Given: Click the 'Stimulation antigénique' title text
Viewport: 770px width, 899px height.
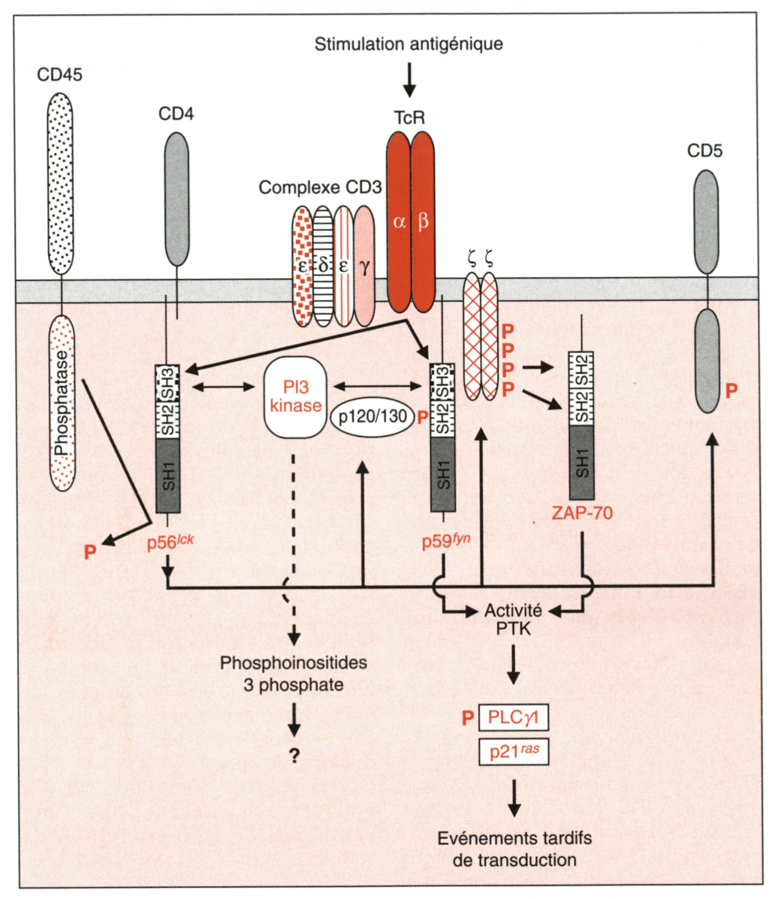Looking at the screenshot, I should tap(409, 44).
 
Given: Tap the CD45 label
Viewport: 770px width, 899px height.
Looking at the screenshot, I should tap(60, 74).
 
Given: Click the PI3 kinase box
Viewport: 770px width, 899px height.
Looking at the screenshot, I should tap(295, 397).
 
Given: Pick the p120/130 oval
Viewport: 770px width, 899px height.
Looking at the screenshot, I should tap(372, 417).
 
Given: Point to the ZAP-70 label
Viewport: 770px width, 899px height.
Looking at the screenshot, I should tap(582, 513).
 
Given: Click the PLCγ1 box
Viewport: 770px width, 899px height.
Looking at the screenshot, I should tap(513, 717).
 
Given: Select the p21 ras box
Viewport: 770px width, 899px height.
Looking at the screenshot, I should tap(513, 752).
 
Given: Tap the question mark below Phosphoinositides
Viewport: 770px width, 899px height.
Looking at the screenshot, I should tap(295, 756).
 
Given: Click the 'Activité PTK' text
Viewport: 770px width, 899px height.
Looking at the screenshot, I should tap(513, 619).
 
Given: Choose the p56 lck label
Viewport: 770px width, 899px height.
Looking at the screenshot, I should tap(170, 542).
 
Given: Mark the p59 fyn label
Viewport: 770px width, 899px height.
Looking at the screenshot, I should tap(446, 541).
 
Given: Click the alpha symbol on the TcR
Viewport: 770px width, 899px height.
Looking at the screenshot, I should tap(399, 222).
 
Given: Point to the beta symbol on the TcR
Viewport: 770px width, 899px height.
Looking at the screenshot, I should tap(423, 222).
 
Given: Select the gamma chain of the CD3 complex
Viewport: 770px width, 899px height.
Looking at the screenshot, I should tap(364, 266).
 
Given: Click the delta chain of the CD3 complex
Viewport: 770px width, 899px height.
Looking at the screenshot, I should tap(323, 266).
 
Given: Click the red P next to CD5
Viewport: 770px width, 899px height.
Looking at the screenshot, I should tap(731, 391).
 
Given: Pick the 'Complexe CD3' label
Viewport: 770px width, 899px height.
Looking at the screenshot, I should tap(320, 188).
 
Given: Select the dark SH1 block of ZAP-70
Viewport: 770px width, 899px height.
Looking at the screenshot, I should tap(582, 463).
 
